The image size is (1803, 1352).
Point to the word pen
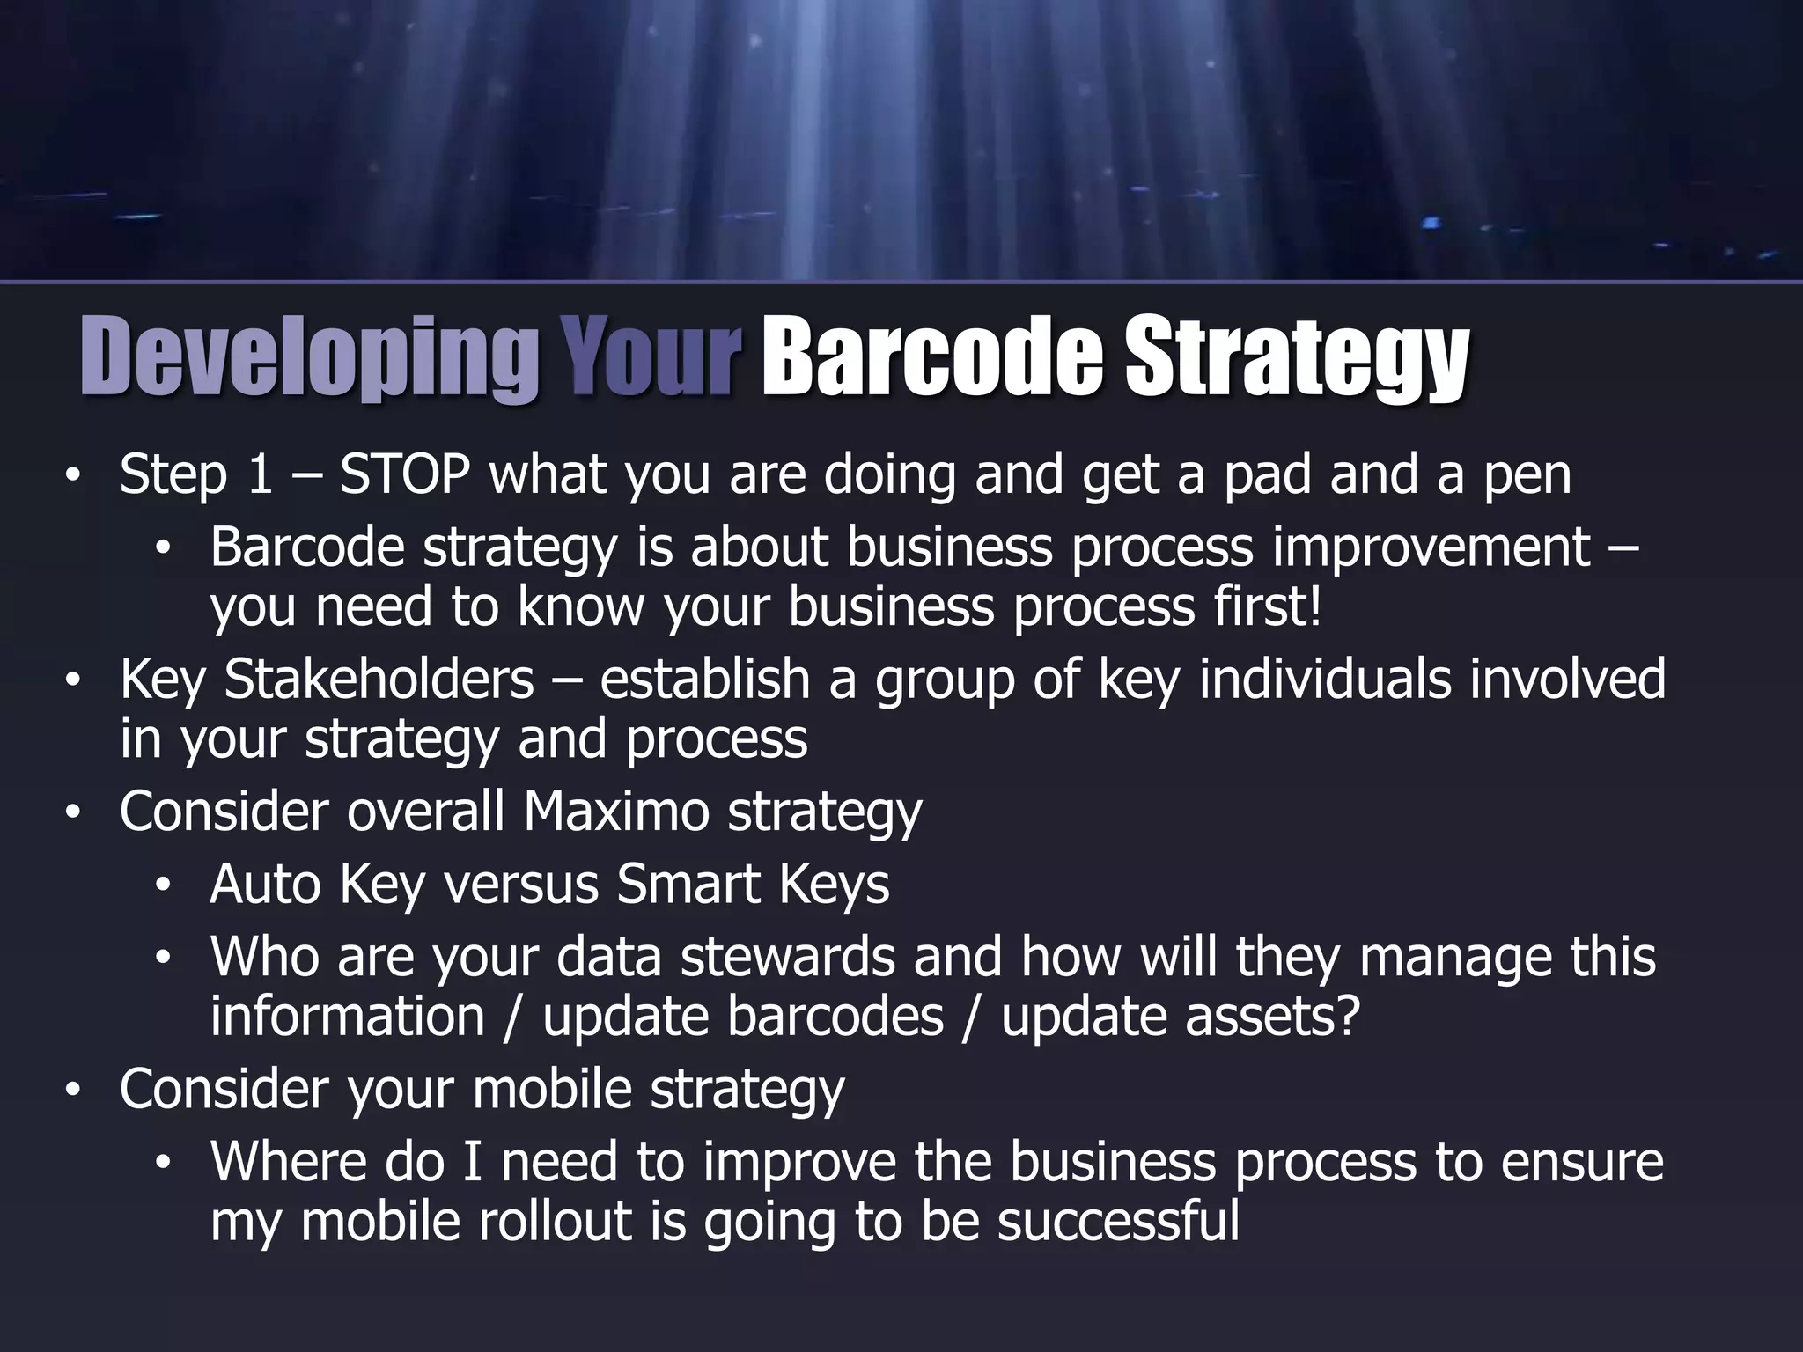tap(1527, 476)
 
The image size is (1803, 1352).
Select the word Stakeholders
tap(379, 680)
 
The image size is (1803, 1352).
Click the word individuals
tap(1325, 680)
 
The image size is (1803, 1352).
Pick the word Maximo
tap(616, 811)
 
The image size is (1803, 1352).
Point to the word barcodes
tap(835, 1017)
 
